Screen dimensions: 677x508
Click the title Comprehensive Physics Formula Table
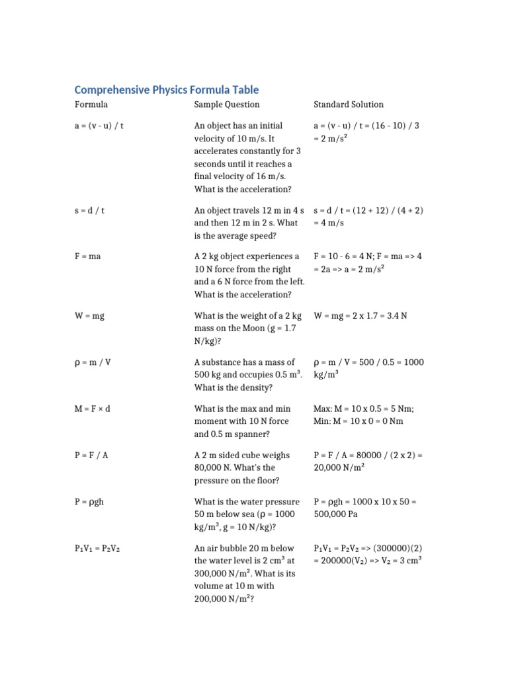point(166,89)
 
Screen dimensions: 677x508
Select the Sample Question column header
point(226,104)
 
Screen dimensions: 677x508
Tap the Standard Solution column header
point(348,104)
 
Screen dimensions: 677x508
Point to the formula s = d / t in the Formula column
point(91,210)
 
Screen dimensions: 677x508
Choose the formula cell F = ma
point(88,257)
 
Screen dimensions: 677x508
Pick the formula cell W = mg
point(89,316)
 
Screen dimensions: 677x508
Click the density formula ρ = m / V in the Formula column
point(93,362)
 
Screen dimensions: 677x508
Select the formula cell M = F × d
point(92,409)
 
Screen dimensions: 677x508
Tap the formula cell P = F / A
point(92,456)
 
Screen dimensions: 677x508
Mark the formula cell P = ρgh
point(90,502)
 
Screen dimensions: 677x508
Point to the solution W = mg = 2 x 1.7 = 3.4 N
point(360,316)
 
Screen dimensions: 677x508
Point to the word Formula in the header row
point(91,104)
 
